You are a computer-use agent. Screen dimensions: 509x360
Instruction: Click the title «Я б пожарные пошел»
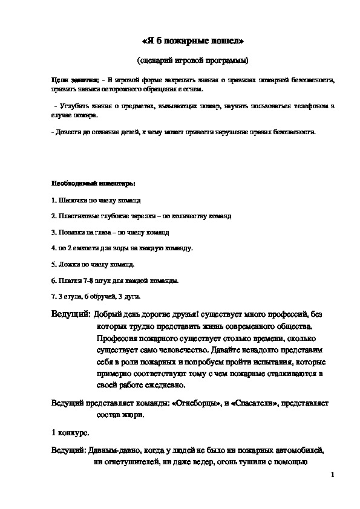click(192, 41)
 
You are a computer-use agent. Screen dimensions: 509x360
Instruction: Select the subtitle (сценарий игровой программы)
click(192, 60)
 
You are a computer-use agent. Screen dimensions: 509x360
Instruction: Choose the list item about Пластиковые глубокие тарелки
click(141, 216)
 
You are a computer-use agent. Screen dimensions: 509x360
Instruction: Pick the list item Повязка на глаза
click(102, 232)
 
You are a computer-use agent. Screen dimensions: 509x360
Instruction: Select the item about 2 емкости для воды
click(123, 248)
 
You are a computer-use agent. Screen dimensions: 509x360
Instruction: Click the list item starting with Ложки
click(93, 264)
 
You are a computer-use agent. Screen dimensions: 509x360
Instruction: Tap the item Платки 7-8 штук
click(115, 280)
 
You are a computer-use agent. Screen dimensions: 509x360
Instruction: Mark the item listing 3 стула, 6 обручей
click(96, 297)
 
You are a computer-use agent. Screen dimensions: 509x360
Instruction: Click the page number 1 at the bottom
click(333, 476)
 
